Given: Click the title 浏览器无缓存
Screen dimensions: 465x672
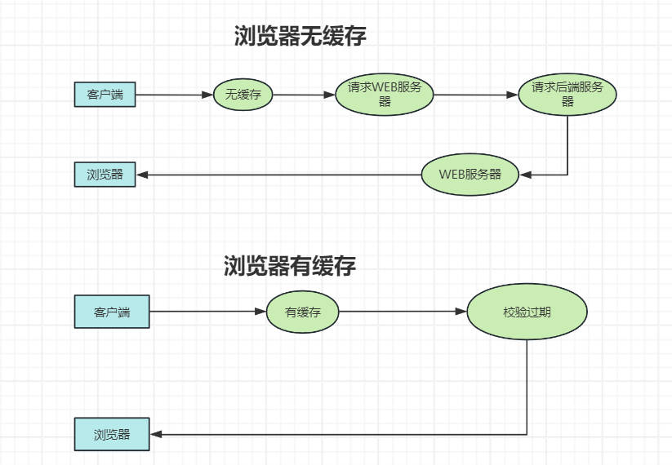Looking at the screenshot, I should (x=300, y=36).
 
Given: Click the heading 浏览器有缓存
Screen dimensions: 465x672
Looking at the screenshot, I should (x=290, y=266).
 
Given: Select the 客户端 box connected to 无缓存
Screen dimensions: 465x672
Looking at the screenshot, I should (x=105, y=95).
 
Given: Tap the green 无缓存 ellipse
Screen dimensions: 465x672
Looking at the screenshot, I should (x=243, y=95).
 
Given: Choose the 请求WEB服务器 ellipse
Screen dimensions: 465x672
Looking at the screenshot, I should (x=385, y=95).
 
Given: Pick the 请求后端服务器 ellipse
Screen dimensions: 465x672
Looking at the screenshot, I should (x=567, y=95).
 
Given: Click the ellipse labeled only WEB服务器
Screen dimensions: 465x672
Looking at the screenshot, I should (x=470, y=175).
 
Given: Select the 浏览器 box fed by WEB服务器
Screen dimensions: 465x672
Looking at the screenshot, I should (x=105, y=175).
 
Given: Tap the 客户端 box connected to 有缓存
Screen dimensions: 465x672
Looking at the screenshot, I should (x=112, y=312).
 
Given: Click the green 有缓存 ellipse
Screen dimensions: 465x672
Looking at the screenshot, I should (x=302, y=312).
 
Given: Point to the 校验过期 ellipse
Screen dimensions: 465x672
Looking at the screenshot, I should (x=527, y=312).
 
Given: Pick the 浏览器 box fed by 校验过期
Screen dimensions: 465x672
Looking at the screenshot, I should (x=112, y=434).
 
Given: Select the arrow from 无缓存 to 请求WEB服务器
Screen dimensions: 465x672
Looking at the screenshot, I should (x=303, y=95).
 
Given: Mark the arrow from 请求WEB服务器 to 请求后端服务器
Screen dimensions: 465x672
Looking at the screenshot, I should (x=475, y=95).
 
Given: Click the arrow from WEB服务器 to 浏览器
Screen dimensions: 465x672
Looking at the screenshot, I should (x=278, y=175).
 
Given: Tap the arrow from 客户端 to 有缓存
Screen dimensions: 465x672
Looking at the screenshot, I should (x=208, y=312).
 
